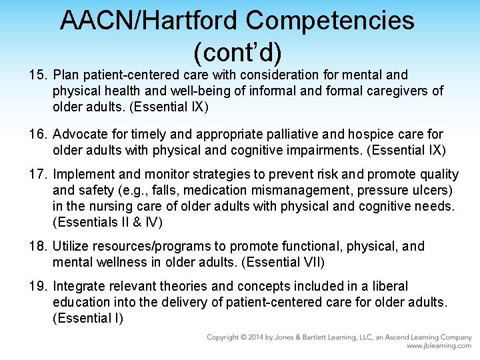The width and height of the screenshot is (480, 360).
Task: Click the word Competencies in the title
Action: click(330, 21)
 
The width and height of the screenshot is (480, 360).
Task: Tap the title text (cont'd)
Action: click(237, 50)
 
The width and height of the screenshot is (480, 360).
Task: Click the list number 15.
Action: click(37, 75)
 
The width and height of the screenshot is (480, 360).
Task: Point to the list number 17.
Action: click(37, 175)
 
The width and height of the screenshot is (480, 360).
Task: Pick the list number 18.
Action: click(37, 247)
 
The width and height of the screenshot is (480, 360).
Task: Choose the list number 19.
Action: click(37, 287)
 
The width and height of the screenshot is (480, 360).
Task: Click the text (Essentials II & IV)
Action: click(107, 222)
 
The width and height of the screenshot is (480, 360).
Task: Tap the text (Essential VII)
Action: click(286, 262)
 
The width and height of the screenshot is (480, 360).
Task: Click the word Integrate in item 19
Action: click(78, 287)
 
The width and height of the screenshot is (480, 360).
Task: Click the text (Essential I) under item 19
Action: click(87, 318)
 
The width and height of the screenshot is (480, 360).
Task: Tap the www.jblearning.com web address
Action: click(438, 347)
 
